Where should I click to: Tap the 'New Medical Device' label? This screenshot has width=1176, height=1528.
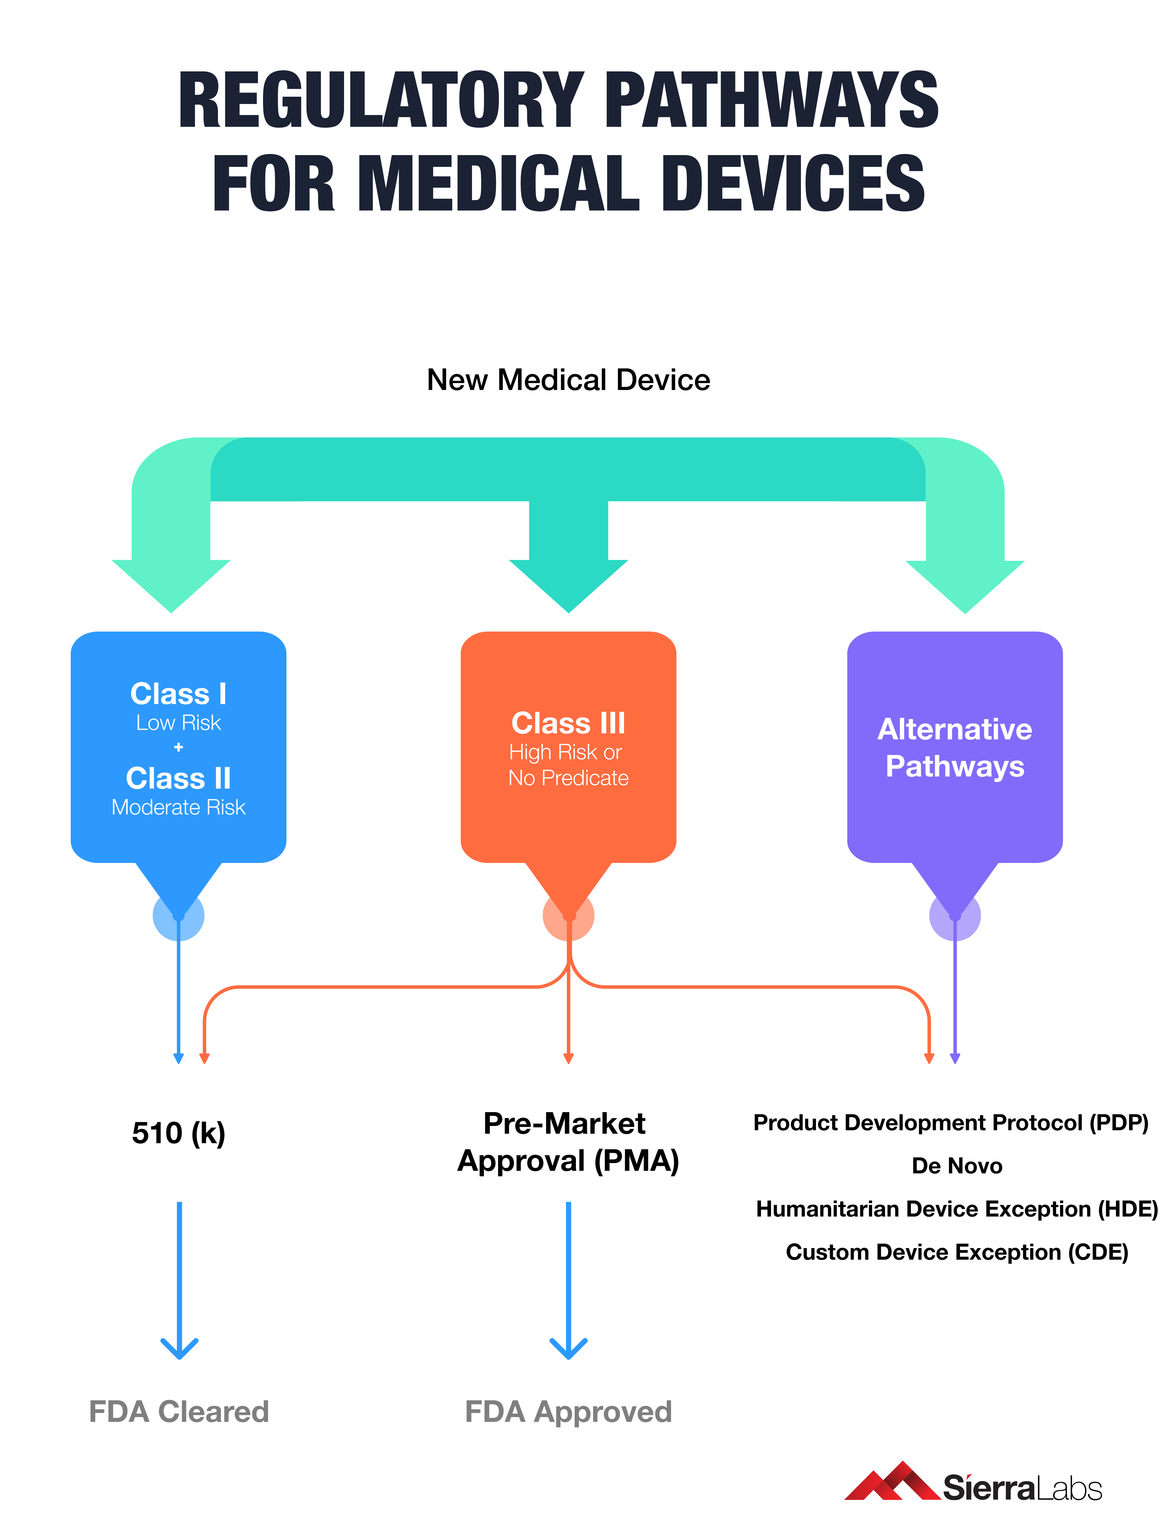568,380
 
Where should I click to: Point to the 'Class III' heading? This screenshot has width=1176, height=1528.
568,723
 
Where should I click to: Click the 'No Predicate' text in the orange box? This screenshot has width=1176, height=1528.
568,778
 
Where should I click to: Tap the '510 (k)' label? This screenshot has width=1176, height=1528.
178,1133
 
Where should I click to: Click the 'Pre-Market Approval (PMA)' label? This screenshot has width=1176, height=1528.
568,1142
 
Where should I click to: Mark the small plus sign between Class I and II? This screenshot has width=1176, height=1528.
178,747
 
